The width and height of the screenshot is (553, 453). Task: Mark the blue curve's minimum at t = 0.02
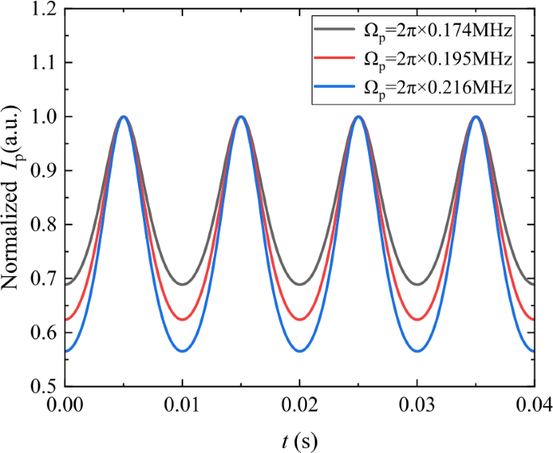[300, 350]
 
